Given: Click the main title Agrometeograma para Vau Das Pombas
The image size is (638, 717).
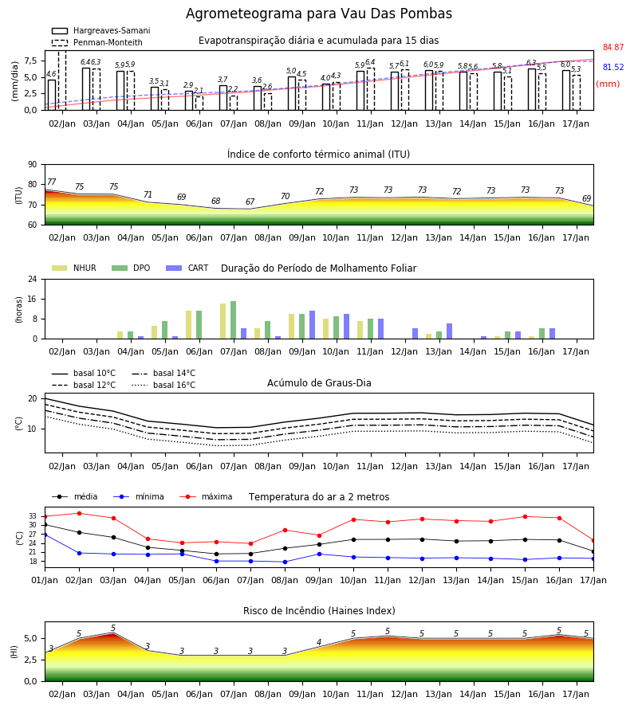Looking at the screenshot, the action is coord(318,14).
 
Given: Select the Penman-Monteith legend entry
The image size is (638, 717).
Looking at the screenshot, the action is coord(97,42).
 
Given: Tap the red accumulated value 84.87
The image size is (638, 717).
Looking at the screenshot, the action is coord(613,47).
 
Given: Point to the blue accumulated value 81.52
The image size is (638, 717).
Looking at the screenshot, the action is coord(613,67).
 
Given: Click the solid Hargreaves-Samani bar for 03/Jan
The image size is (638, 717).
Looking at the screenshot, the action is coord(86,89).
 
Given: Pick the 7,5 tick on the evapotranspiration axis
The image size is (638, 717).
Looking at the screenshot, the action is coord(30,61).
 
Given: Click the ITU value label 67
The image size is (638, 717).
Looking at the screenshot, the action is coord(250,202).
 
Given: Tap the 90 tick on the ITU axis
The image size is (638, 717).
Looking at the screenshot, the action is coord(33,165).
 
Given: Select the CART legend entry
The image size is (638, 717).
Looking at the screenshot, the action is coord(187,268).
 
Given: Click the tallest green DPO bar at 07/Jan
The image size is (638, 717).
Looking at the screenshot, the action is coord(234,320).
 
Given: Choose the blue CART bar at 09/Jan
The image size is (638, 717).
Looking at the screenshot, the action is coord(312,325).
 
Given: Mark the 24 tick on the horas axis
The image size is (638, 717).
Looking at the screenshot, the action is coord(33,279).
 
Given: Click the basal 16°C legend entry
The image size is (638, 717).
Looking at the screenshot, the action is coord(163,385).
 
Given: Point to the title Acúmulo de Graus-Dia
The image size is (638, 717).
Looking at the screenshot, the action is coord(319,383).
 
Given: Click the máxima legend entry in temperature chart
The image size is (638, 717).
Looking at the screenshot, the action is coord(206,496).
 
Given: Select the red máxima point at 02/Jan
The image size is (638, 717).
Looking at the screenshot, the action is coord(79,514).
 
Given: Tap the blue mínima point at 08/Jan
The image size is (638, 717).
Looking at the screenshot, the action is coord(286,562).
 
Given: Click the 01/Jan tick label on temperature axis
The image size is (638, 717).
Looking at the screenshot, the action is coord(45,580).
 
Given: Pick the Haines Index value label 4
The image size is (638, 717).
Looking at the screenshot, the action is coord(319,642).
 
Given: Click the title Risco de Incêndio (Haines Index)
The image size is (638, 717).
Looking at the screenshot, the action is coord(319,611).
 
